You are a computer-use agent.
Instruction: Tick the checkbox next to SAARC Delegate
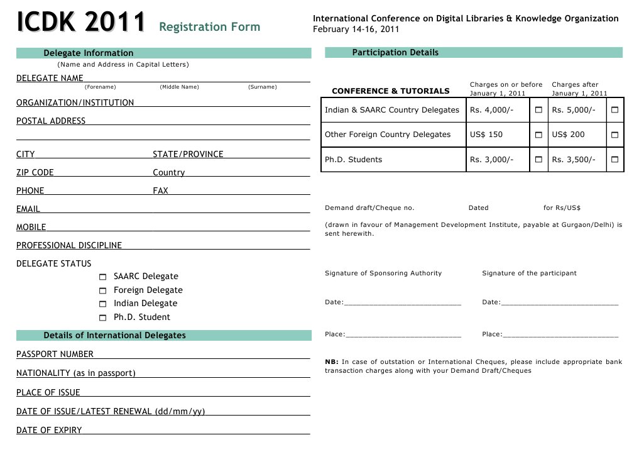(103, 277)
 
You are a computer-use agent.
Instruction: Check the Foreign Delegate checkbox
(103, 290)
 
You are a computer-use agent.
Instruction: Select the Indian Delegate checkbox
(103, 304)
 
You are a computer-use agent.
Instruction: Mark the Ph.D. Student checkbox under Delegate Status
(103, 317)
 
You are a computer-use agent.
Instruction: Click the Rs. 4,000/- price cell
(491, 110)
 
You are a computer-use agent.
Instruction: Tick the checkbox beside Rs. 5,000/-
(614, 110)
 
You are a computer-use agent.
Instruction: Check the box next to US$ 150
(538, 135)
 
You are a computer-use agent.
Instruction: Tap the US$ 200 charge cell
(568, 135)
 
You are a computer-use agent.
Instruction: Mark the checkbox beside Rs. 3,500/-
(614, 160)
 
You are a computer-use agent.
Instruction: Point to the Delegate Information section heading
(89, 53)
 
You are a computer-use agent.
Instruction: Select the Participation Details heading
(395, 53)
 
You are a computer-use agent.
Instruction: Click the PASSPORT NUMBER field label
(55, 354)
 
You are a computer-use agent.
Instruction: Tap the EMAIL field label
(28, 209)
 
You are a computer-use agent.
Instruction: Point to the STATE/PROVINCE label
(188, 154)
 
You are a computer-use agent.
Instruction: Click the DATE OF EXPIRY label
(49, 431)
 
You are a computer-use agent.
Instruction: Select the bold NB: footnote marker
(332, 362)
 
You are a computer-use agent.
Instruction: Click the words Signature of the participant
(529, 273)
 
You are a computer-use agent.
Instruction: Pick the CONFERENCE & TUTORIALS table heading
(390, 91)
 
